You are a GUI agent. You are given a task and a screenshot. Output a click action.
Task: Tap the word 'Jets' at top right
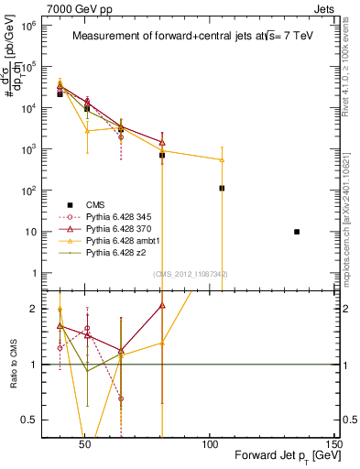326,7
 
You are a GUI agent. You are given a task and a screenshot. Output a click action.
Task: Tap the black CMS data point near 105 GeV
222,188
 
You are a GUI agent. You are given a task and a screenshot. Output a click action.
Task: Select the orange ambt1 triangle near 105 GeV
222,160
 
